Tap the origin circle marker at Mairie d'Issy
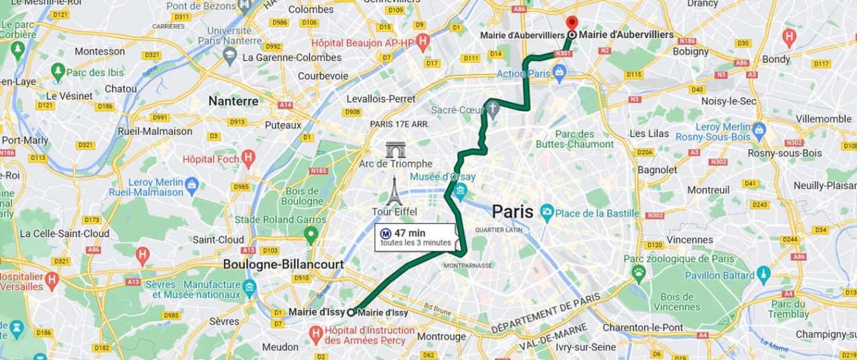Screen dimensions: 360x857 coord(350,312)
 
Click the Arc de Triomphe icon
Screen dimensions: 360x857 coord(395,150)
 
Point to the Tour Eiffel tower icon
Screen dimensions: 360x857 coord(394,191)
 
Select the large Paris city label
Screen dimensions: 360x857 coord(512,212)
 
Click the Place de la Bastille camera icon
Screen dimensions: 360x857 coord(547,213)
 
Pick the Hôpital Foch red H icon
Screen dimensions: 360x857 coord(248,159)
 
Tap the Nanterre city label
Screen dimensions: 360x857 coord(233,101)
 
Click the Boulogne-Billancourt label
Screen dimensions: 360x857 coord(283,264)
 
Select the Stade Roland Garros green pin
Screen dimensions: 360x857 coord(310,234)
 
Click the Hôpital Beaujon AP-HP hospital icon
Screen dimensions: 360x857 coord(422,42)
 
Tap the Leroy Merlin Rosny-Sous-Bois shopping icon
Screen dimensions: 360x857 coord(759,128)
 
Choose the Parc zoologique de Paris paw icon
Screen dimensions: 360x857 coord(639,271)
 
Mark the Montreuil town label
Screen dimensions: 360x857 coord(708,189)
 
